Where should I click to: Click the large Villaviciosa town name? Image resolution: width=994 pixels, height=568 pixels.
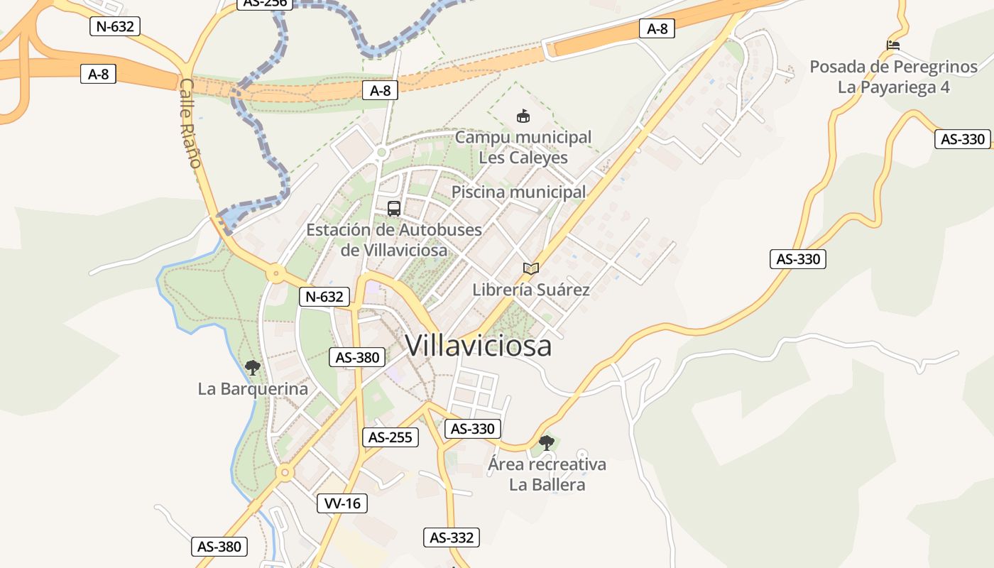pyautogui.click(x=478, y=346)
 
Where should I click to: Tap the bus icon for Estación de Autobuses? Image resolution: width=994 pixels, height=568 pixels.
pyautogui.click(x=394, y=209)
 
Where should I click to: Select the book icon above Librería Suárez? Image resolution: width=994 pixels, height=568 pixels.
pyautogui.click(x=531, y=268)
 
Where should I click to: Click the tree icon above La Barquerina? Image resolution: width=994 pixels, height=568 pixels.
pyautogui.click(x=252, y=368)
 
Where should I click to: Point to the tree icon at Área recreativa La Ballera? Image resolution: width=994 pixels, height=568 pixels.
pyautogui.click(x=546, y=443)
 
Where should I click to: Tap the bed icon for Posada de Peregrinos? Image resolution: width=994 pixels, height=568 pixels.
pyautogui.click(x=893, y=45)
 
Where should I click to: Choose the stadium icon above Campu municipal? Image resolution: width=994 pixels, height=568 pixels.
pyautogui.click(x=523, y=116)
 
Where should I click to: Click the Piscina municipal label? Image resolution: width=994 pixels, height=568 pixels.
pyautogui.click(x=519, y=192)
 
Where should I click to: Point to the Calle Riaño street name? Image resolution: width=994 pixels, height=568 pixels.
pyautogui.click(x=190, y=123)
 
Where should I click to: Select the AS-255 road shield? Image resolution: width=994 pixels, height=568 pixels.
pyautogui.click(x=390, y=437)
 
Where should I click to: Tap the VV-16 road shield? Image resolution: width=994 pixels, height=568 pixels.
pyautogui.click(x=342, y=503)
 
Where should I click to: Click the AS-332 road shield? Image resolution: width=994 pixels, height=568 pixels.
pyautogui.click(x=452, y=537)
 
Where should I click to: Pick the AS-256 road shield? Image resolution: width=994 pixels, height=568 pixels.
pyautogui.click(x=265, y=3)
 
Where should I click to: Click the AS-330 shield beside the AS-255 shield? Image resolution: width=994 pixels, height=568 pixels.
pyautogui.click(x=473, y=429)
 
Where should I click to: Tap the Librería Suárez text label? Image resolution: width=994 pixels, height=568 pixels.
pyautogui.click(x=531, y=290)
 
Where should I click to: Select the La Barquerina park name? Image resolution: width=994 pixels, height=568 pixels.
pyautogui.click(x=253, y=389)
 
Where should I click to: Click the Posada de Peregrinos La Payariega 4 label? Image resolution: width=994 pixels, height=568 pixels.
pyautogui.click(x=894, y=77)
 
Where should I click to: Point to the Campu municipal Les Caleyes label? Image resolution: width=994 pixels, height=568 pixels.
pyautogui.click(x=523, y=147)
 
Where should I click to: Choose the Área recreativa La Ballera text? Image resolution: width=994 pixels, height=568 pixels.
pyautogui.click(x=547, y=474)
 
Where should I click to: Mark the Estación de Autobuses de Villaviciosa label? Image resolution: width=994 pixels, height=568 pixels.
pyautogui.click(x=394, y=240)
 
